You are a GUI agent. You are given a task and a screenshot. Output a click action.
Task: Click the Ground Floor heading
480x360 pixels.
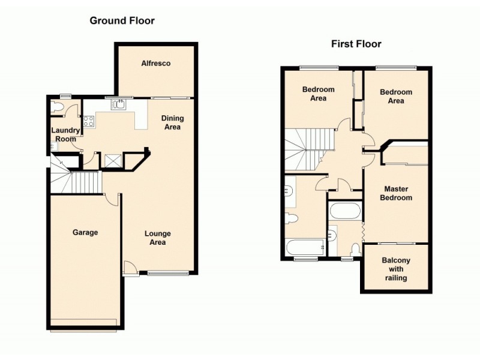tap(122, 21)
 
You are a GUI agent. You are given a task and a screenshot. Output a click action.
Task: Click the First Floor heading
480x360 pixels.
tap(356, 44)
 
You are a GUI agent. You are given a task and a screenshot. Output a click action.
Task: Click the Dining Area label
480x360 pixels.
tap(172, 122)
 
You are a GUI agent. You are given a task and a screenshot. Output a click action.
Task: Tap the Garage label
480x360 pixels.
tap(85, 232)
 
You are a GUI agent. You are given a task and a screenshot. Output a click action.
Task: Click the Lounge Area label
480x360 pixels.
tap(157, 238)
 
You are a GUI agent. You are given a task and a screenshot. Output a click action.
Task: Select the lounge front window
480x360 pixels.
tap(168, 274)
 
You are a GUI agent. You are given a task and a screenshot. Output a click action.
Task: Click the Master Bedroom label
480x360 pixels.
tap(398, 193)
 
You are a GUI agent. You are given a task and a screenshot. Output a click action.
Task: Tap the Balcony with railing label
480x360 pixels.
tap(395, 269)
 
